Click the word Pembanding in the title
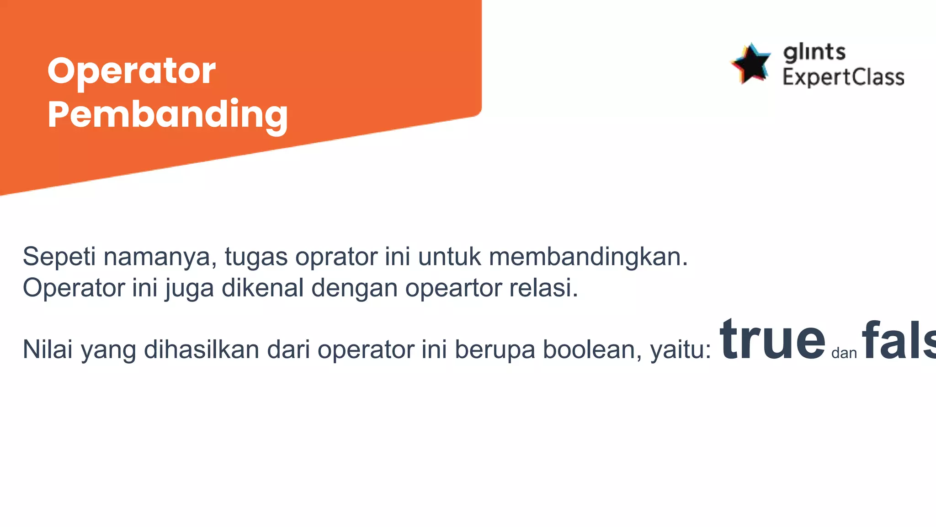(167, 114)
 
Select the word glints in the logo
(814, 52)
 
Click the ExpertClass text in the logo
(843, 77)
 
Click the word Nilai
(48, 350)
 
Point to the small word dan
(844, 353)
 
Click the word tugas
(256, 257)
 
